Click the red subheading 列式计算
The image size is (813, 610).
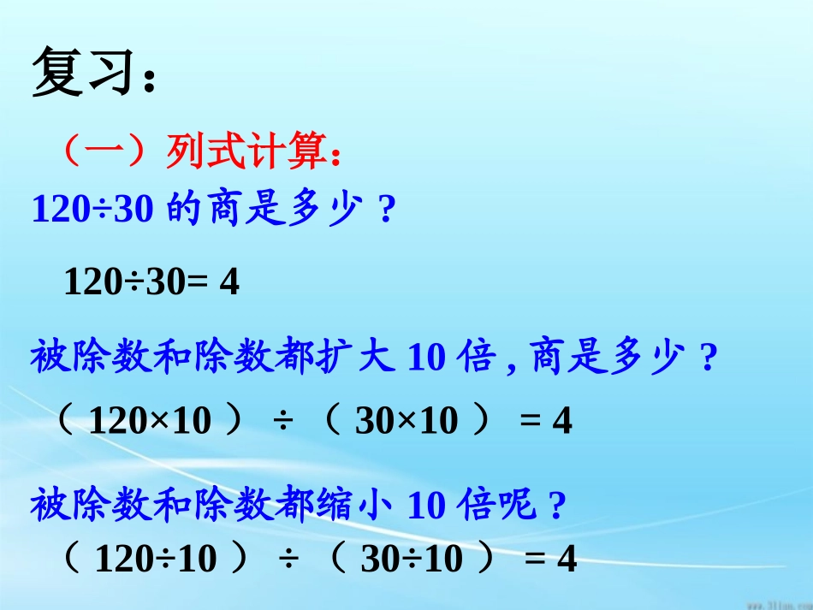coord(248,154)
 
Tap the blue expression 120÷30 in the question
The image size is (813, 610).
coord(92,209)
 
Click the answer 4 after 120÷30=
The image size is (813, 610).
coord(229,281)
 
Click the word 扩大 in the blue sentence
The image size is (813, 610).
coord(357,357)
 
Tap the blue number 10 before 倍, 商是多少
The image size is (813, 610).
coord(426,358)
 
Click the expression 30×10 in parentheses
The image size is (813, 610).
coord(406,420)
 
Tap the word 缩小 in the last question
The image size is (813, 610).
coord(357,506)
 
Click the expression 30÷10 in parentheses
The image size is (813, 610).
coord(412,560)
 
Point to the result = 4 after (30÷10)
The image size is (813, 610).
coord(551,560)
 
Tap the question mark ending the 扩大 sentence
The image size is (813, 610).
coord(707,358)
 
